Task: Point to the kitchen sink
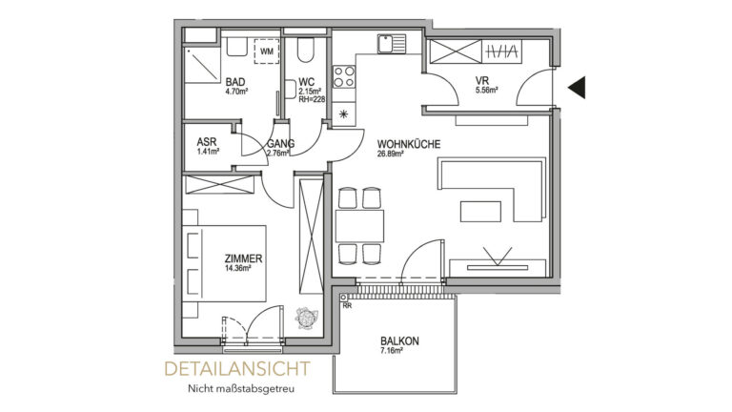click(388, 44)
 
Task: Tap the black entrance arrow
click(578, 89)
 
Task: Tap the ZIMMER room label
click(243, 258)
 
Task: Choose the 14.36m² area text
click(242, 269)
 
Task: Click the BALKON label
click(399, 341)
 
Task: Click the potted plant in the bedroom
click(307, 315)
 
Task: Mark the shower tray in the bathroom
click(201, 62)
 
